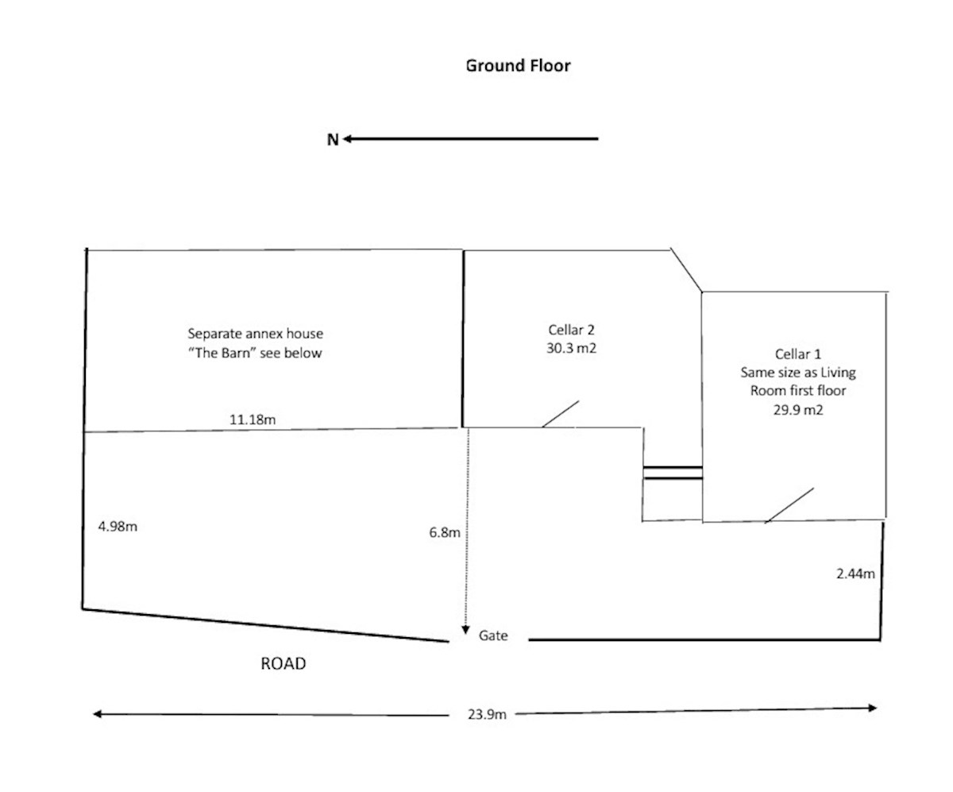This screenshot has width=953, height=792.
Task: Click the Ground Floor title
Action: (518, 66)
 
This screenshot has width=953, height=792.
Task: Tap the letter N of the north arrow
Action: (333, 140)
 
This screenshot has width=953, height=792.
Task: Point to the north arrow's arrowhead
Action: (347, 139)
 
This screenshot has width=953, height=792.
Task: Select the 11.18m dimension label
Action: (253, 419)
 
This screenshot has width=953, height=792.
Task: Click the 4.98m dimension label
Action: (118, 527)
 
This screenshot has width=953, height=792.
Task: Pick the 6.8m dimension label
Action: (445, 532)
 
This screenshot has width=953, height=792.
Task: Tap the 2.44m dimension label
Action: (855, 574)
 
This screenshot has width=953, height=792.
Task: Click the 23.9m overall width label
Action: (487, 714)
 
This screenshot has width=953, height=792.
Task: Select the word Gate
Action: (493, 636)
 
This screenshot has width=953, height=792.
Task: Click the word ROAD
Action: (284, 664)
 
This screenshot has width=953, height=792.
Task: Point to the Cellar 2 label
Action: (572, 330)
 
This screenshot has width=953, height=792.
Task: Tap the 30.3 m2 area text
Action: (572, 348)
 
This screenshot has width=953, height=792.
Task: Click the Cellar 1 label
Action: (798, 354)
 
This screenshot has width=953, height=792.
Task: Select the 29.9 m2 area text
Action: (798, 410)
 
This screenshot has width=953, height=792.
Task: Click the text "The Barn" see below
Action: (255, 353)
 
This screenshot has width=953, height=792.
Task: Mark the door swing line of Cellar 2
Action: (561, 414)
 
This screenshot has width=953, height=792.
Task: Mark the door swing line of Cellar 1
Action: (789, 505)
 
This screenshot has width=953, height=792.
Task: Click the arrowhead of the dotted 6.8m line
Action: (465, 630)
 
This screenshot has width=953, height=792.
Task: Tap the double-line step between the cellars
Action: (673, 473)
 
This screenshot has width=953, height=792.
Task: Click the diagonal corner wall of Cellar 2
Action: (686, 270)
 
